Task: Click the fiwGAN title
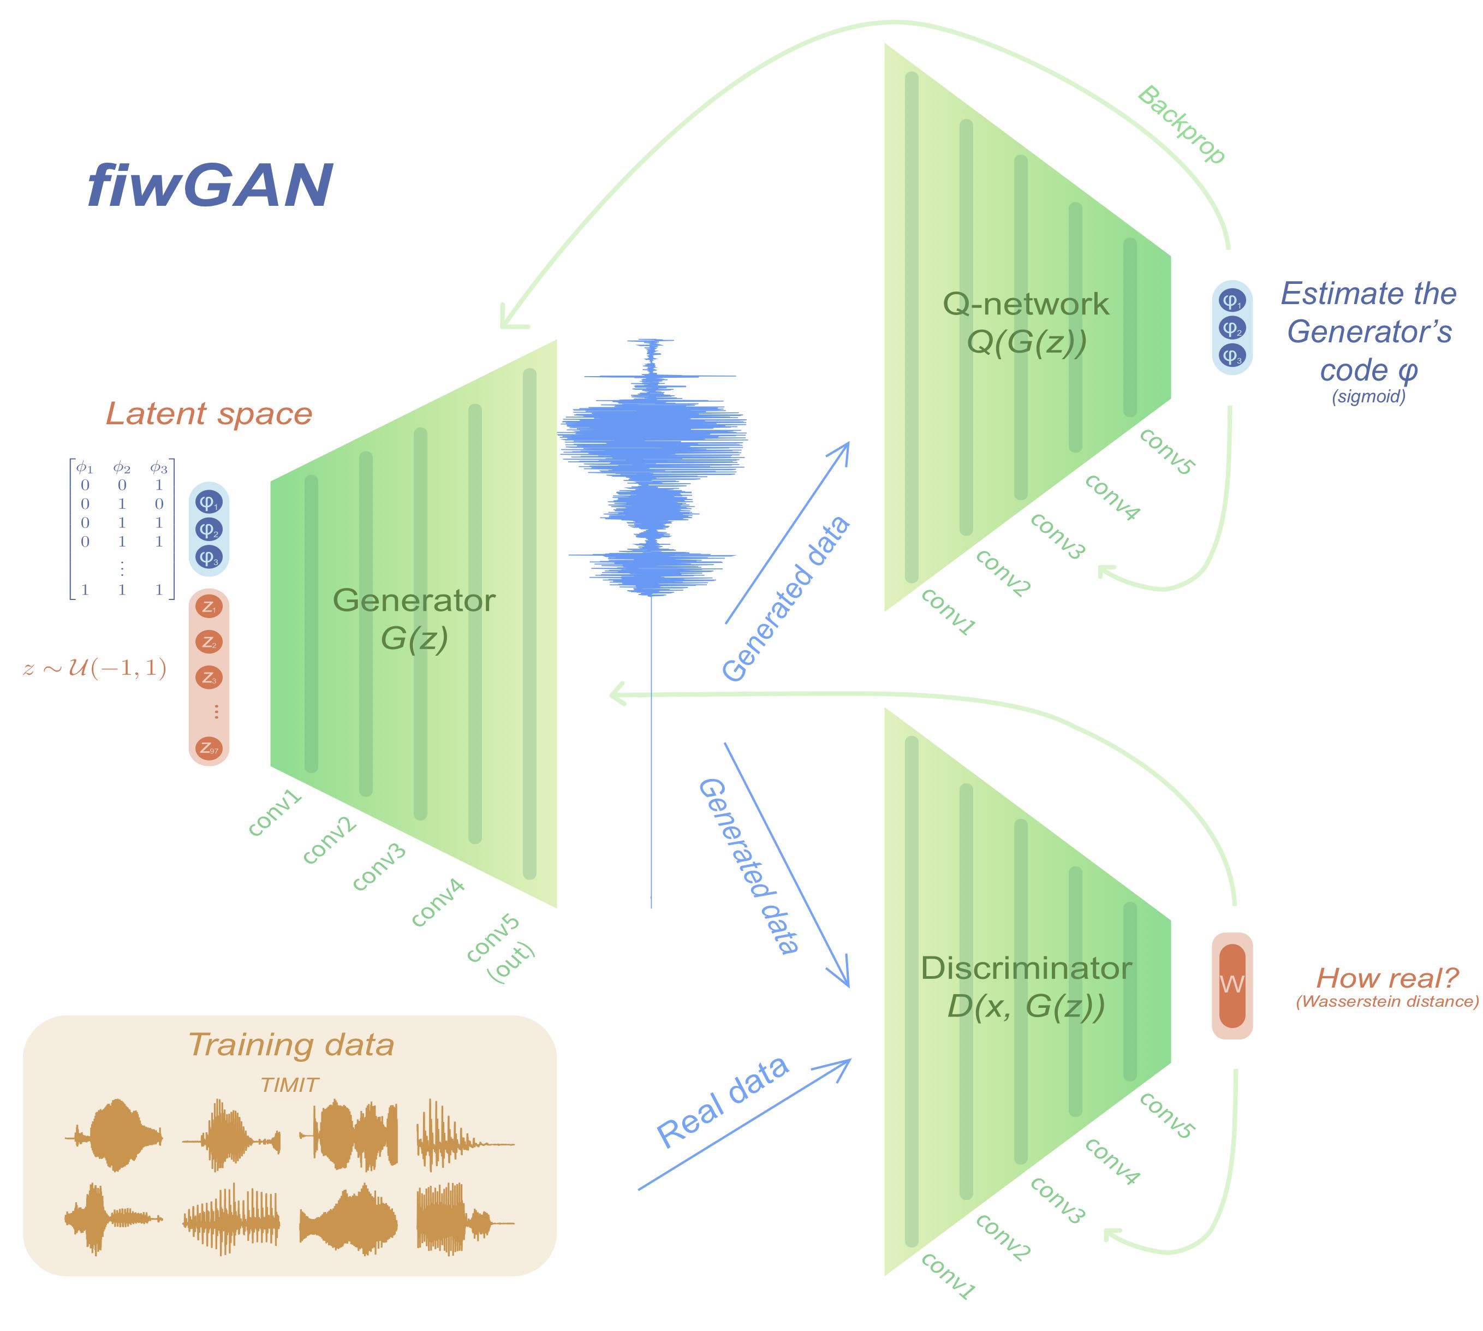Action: coord(210,186)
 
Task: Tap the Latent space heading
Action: coord(209,414)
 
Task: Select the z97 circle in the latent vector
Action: coord(209,748)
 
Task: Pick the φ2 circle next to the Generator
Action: coord(209,530)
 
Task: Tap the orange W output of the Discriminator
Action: coord(1231,984)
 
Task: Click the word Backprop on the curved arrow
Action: coord(1180,125)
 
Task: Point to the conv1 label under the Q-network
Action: coord(948,611)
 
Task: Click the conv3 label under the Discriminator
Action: coord(1057,1199)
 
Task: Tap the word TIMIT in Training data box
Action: coord(290,1085)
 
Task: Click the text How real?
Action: coord(1386,978)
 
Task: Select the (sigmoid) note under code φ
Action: coord(1368,397)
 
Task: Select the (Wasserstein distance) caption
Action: coord(1386,1001)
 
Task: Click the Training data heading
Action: coord(291,1044)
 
